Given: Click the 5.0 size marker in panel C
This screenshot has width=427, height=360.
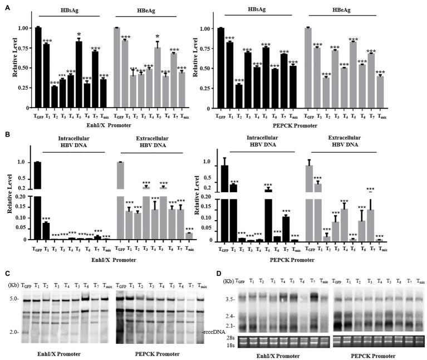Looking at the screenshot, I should (13, 299).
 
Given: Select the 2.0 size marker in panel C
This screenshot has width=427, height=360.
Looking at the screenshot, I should (13, 333).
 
